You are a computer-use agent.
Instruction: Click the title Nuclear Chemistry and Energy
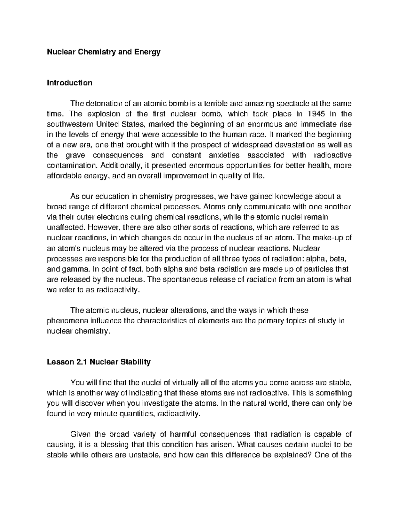tap(103, 52)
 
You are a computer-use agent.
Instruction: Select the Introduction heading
tap(69, 83)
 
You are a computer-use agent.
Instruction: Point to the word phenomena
tap(66, 321)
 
